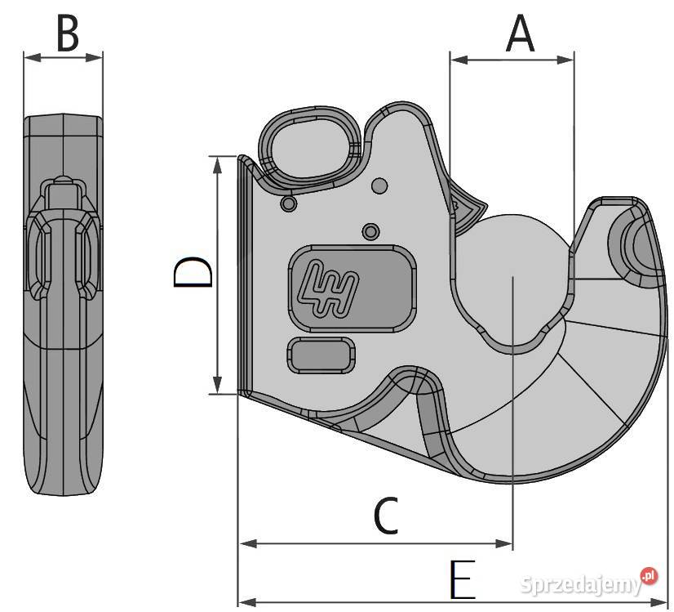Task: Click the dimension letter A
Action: [x=520, y=34]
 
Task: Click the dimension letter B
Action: [x=68, y=34]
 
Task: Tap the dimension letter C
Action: [x=386, y=515]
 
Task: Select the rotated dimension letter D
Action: [x=193, y=271]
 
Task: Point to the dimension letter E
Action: [x=463, y=579]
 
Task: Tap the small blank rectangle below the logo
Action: [x=321, y=355]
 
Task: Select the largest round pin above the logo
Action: [x=379, y=185]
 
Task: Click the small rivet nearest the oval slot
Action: [x=288, y=203]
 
